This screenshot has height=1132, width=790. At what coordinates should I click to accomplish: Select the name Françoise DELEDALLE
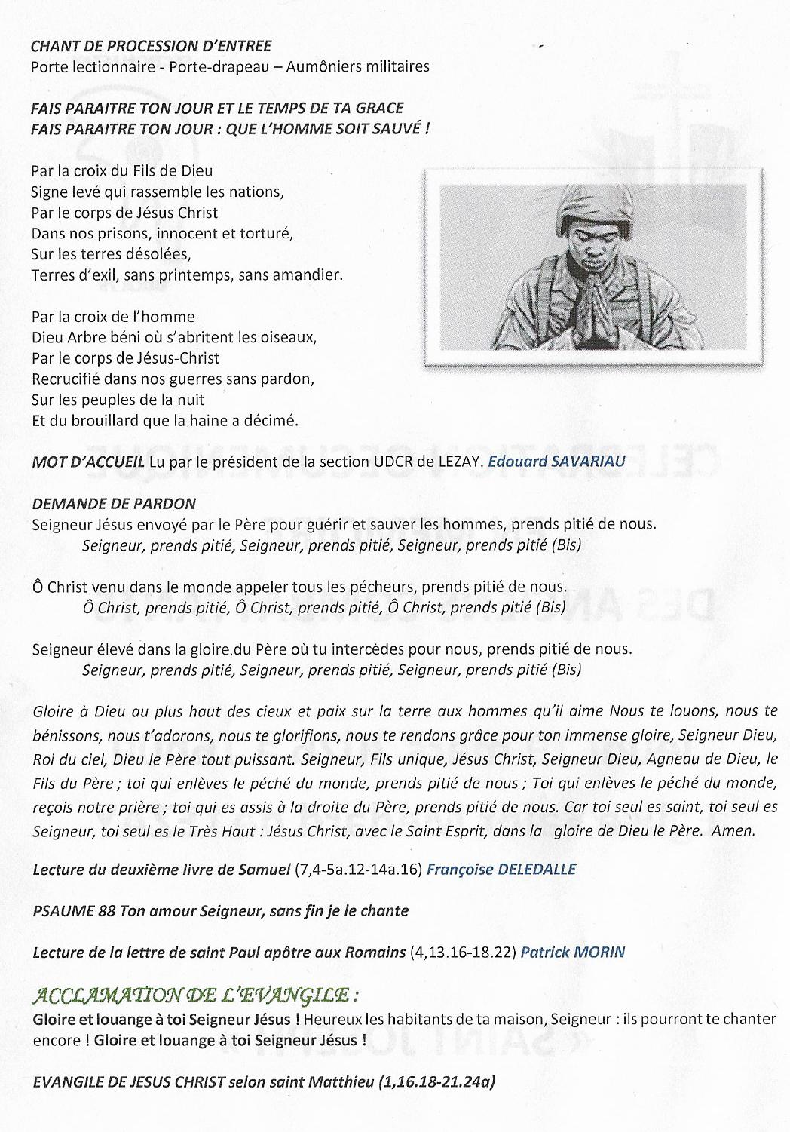click(501, 869)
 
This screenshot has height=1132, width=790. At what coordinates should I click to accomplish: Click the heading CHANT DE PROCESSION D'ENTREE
click(152, 47)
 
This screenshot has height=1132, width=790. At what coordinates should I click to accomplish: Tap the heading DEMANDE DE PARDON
click(115, 503)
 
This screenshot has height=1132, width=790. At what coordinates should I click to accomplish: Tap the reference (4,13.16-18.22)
click(464, 952)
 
